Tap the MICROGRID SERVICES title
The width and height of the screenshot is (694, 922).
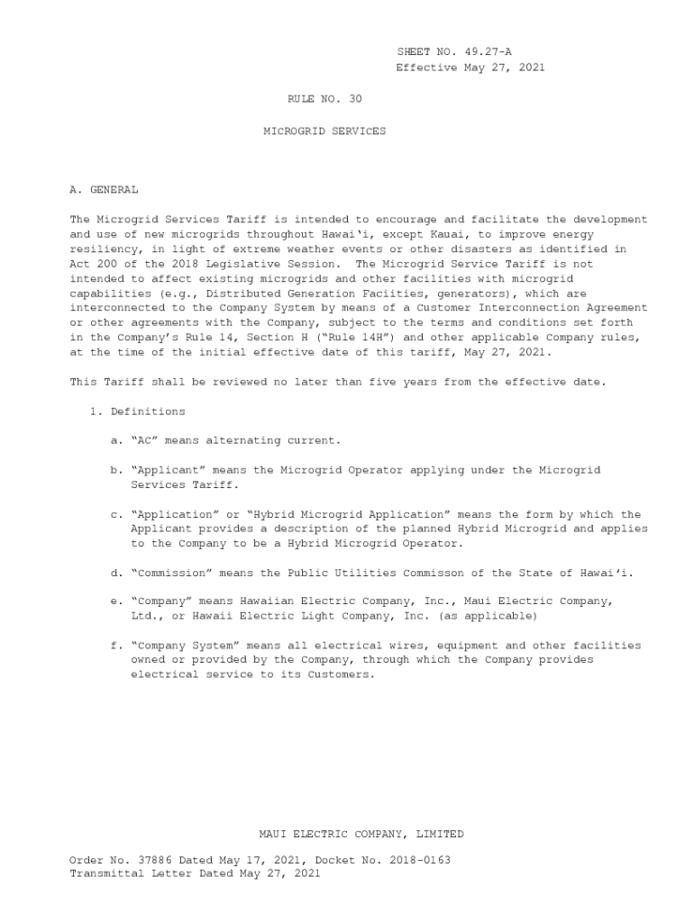pos(324,131)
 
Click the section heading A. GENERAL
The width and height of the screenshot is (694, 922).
pos(104,190)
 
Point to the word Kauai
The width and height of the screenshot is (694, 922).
pos(400,234)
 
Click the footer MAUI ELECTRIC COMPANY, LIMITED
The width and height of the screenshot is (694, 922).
pos(361,835)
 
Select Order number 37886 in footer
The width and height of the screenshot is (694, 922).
pos(154,860)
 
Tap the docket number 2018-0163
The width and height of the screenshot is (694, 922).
pos(420,860)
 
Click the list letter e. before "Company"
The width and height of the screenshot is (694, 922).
pos(115,601)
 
